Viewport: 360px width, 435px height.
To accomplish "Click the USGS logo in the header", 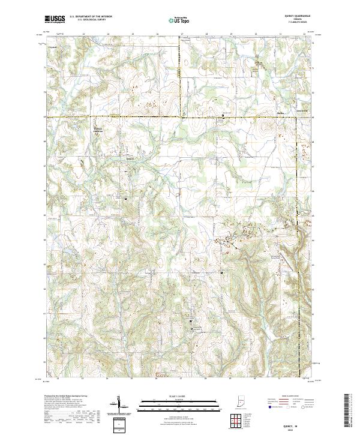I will click(55, 19).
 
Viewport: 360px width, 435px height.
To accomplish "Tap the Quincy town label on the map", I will click(129, 158).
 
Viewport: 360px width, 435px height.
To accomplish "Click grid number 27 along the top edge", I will click(182, 34).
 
